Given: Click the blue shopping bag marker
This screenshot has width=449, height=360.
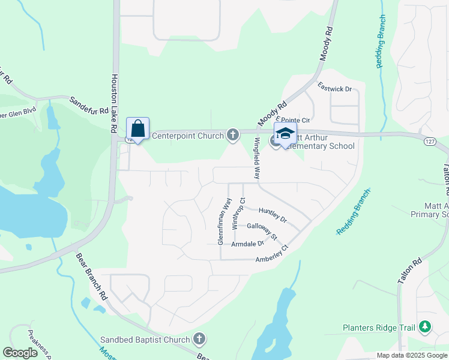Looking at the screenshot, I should (x=138, y=128).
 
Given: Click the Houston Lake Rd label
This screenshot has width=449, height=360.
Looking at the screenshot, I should (x=114, y=103).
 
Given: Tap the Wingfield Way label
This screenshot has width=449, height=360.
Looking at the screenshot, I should (x=257, y=159).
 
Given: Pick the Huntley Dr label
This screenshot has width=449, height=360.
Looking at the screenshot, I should (x=273, y=214).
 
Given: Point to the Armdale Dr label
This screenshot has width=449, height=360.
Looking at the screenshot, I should (x=252, y=244).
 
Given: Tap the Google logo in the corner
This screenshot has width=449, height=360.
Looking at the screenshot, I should (x=20, y=352).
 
